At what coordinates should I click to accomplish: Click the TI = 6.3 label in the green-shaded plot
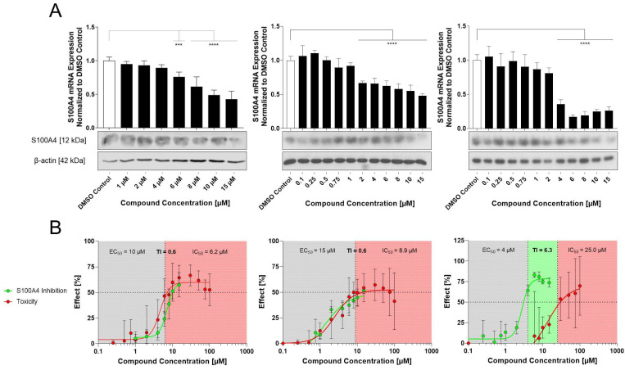tap(542, 246)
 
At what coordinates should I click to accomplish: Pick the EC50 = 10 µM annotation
tap(129, 246)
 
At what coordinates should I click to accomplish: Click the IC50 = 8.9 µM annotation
tap(388, 246)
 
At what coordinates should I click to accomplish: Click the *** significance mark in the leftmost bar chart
tap(178, 44)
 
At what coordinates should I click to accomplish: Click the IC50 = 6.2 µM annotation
tap(197, 246)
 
